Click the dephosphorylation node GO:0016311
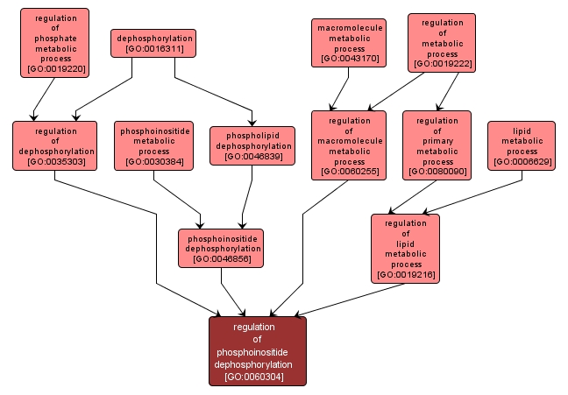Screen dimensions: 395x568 click(153, 44)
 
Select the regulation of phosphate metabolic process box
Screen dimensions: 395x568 click(54, 43)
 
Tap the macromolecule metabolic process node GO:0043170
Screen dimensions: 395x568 click(348, 43)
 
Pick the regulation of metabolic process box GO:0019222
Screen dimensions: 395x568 click(442, 43)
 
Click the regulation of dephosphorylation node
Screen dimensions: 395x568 click(54, 145)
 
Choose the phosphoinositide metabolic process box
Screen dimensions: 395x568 click(153, 145)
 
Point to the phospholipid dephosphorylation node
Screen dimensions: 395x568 click(252, 145)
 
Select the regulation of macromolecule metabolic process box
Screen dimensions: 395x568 click(349, 145)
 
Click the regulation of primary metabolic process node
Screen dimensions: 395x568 click(437, 145)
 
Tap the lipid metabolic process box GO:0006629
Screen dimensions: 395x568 click(522, 145)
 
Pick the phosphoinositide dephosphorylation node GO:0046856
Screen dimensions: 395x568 click(221, 248)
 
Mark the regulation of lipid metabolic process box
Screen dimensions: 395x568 click(406, 249)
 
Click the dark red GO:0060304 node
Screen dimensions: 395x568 click(257, 351)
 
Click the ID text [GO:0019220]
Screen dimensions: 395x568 click(56, 67)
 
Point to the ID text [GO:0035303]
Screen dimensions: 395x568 click(54, 162)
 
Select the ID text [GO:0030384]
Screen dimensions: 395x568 click(153, 162)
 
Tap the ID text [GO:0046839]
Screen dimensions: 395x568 click(252, 157)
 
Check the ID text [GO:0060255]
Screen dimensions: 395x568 click(349, 173)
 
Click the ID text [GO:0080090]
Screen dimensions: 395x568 click(437, 173)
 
